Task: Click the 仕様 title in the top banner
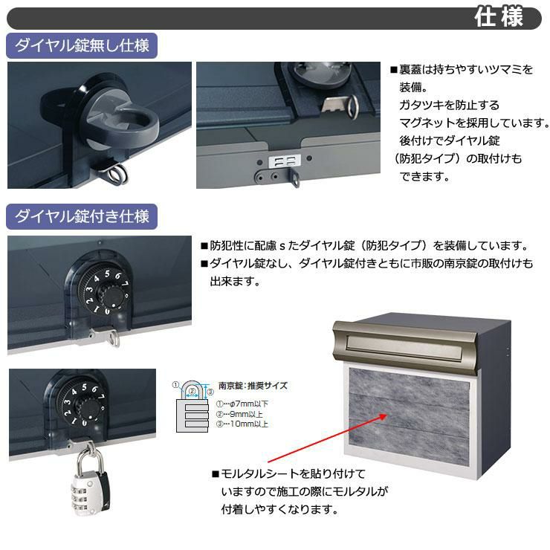[x=499, y=17]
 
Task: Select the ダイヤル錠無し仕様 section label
[x=82, y=45]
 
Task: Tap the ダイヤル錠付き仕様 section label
[x=82, y=216]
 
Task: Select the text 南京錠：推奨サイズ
[x=253, y=386]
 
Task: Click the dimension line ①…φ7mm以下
[x=242, y=404]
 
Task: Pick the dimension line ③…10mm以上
[x=242, y=424]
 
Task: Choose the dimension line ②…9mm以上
[x=239, y=414]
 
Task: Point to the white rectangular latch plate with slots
[x=285, y=162]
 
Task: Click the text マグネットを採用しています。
[x=474, y=123]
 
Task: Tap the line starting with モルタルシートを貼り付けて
[x=288, y=474]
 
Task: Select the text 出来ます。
[x=235, y=281]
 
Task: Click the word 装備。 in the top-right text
[x=413, y=87]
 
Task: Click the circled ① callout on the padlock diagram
[x=175, y=385]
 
